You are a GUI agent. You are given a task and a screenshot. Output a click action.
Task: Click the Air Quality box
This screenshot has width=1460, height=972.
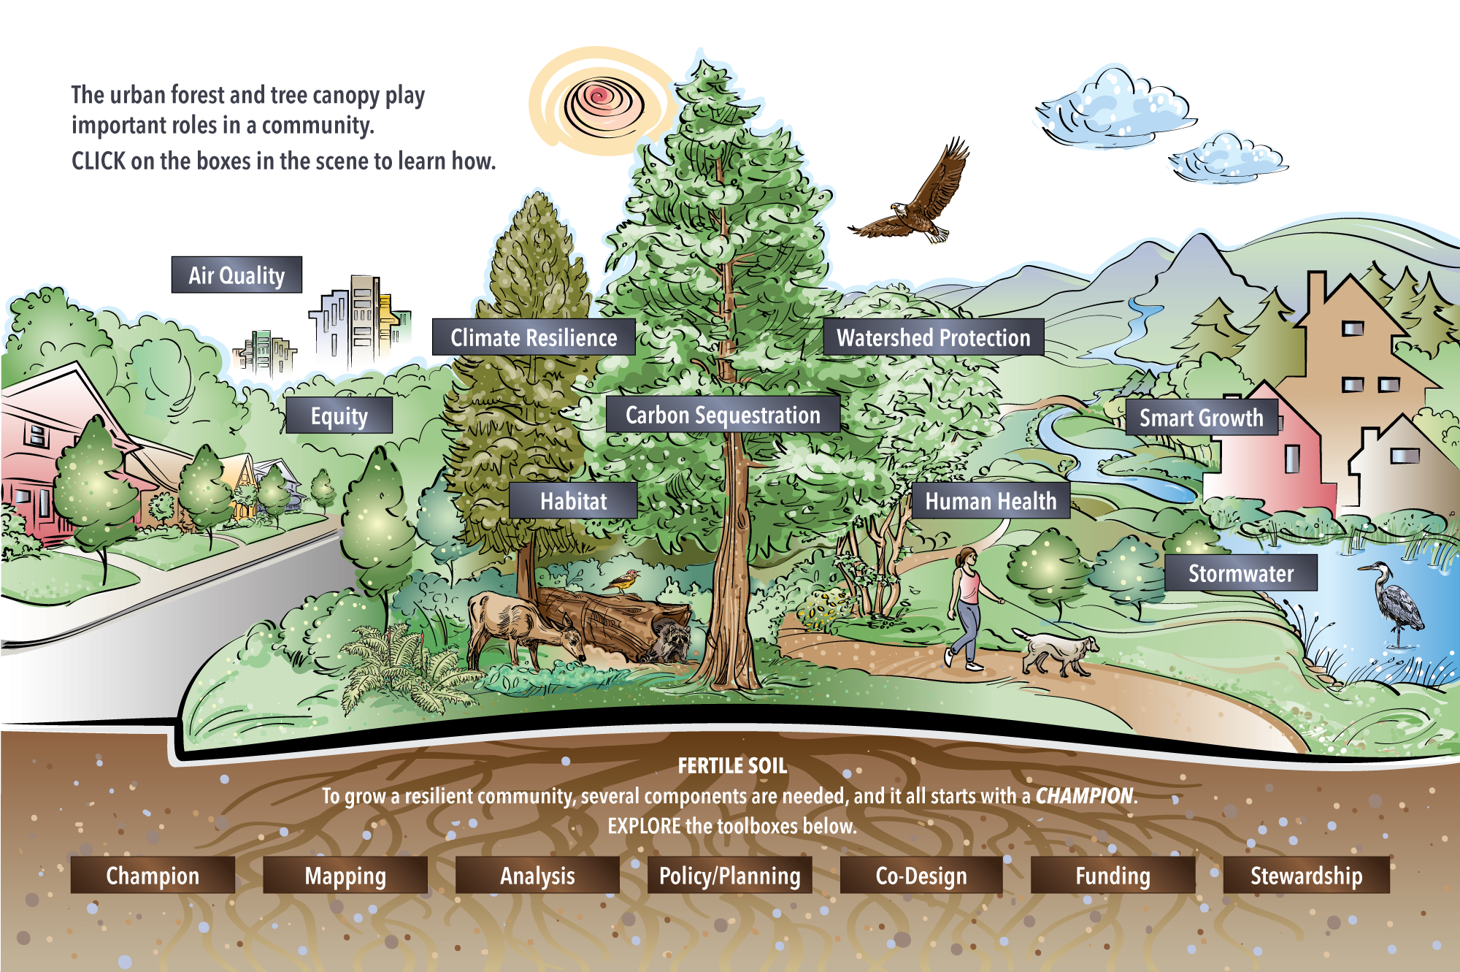click(237, 275)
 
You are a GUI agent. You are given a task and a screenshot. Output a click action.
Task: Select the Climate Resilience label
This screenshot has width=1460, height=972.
click(534, 337)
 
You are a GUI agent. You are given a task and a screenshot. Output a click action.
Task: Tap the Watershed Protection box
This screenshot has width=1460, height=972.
click(933, 337)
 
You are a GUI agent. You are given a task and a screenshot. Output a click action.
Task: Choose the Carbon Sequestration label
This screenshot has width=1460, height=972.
click(723, 415)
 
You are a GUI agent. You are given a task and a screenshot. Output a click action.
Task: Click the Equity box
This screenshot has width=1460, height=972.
click(339, 416)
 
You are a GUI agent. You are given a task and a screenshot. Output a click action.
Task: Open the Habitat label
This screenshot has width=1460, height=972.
click(573, 500)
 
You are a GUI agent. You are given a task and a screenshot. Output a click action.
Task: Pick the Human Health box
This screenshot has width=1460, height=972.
click(991, 500)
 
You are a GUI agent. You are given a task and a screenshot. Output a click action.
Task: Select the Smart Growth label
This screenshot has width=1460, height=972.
click(1202, 417)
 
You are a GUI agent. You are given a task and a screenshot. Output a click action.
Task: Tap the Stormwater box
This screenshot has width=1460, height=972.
click(1241, 573)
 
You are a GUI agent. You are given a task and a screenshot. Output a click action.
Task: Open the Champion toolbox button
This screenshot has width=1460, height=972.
click(153, 875)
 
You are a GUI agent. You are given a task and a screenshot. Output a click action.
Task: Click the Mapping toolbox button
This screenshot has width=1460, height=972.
click(345, 875)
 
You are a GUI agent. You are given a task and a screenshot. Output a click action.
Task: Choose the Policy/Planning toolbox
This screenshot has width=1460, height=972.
click(730, 875)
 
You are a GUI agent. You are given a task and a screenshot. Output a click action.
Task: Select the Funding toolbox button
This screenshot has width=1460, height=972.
click(1113, 875)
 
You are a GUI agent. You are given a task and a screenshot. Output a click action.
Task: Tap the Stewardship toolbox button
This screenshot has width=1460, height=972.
click(1307, 875)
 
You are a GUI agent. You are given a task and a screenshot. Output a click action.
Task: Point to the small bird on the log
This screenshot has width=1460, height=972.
click(623, 581)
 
